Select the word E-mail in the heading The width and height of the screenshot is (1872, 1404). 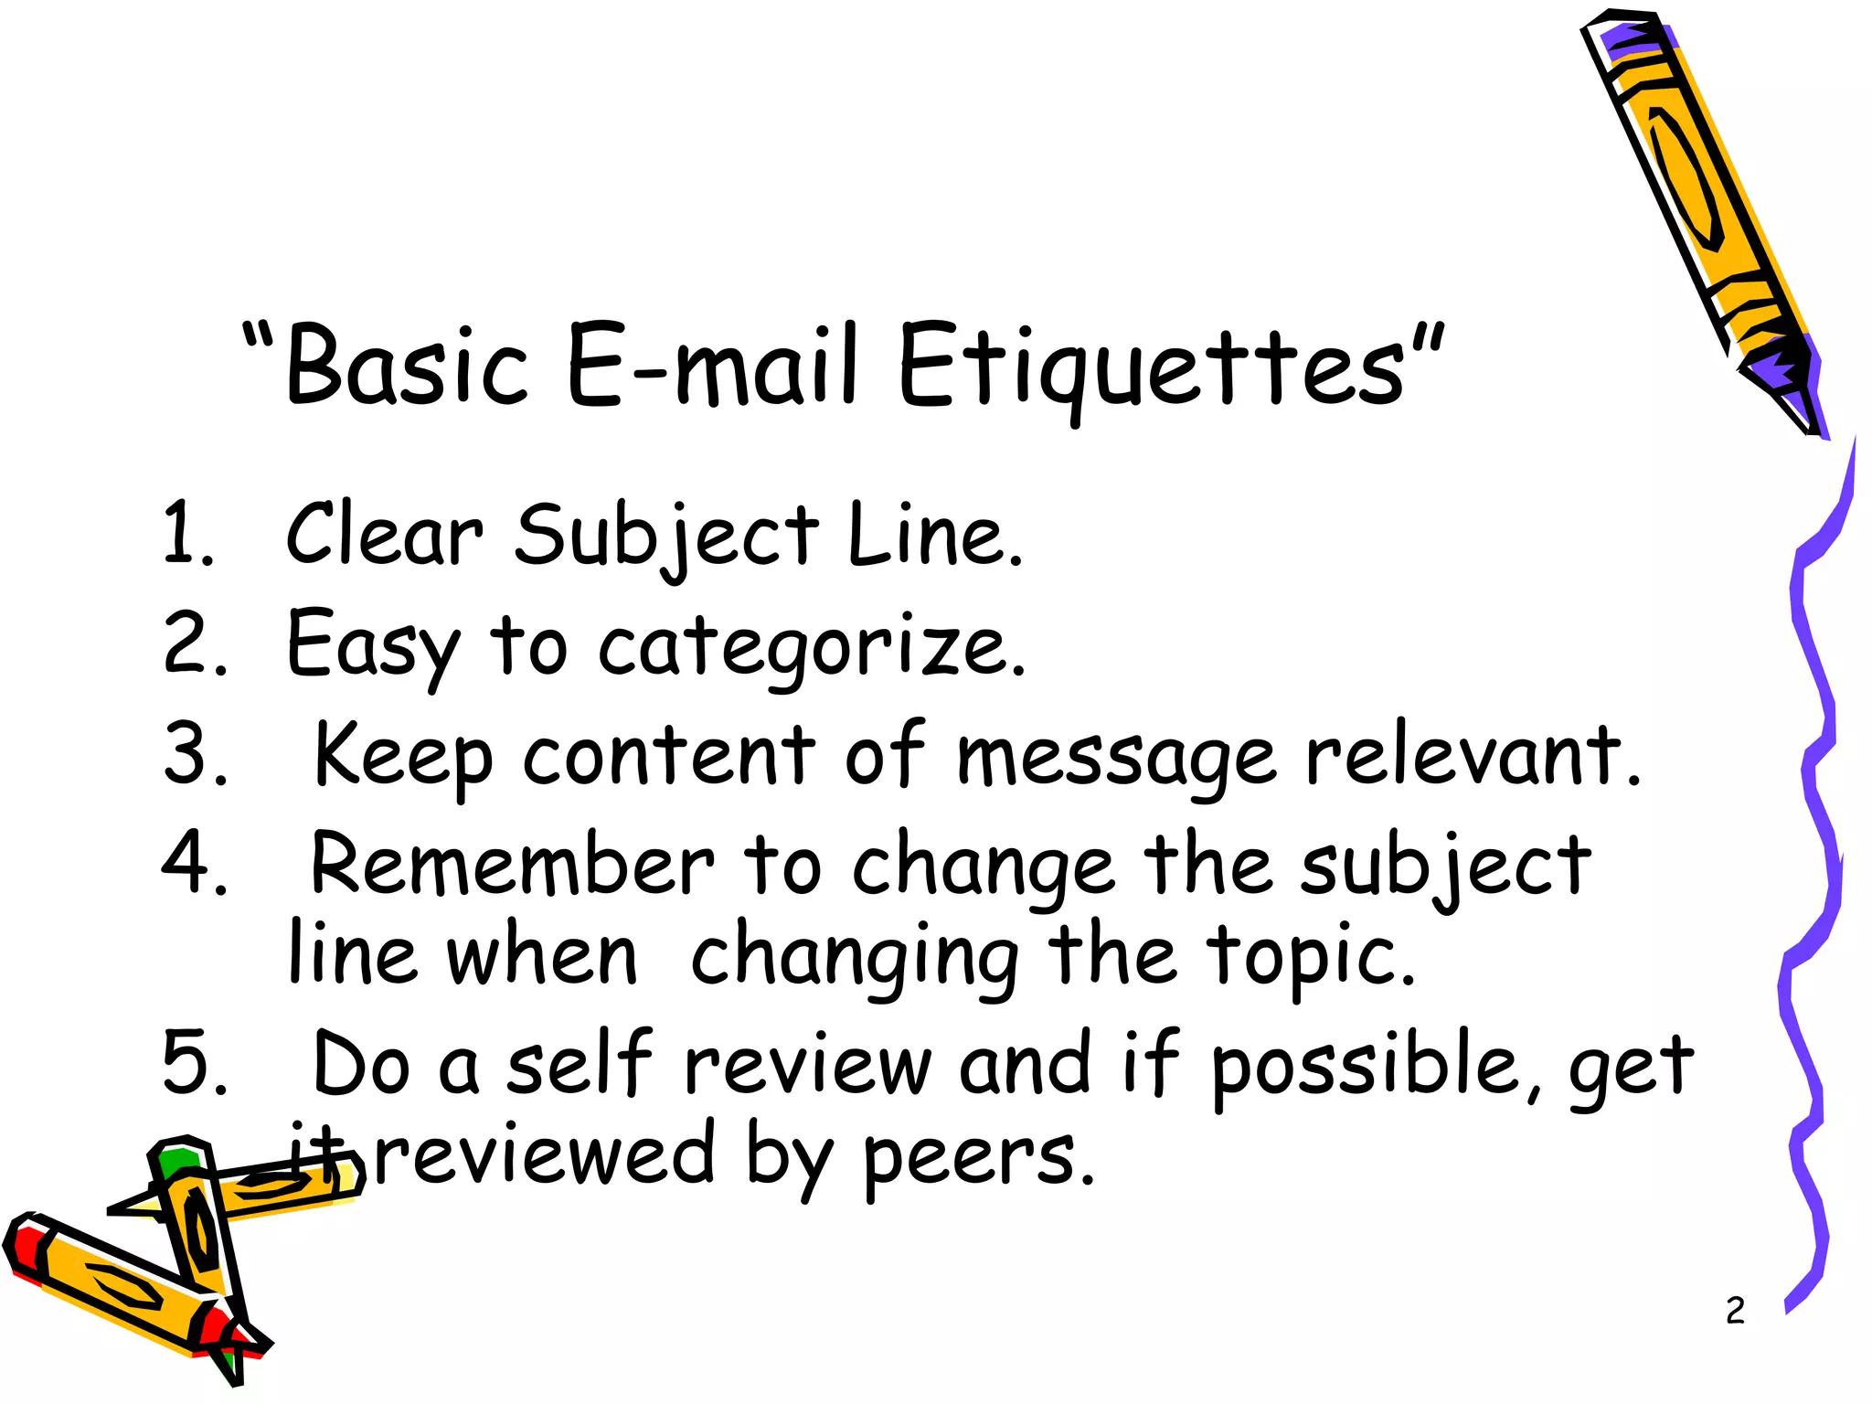(x=713, y=366)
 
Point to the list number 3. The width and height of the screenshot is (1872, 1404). (x=193, y=754)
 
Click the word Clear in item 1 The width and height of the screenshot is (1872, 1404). (x=384, y=535)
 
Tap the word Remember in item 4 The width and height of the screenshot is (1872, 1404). (x=512, y=864)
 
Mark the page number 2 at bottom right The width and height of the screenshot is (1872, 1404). (x=1735, y=1311)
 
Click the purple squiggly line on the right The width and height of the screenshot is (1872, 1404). (x=1814, y=823)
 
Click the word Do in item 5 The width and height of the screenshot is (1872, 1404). (x=360, y=1065)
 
